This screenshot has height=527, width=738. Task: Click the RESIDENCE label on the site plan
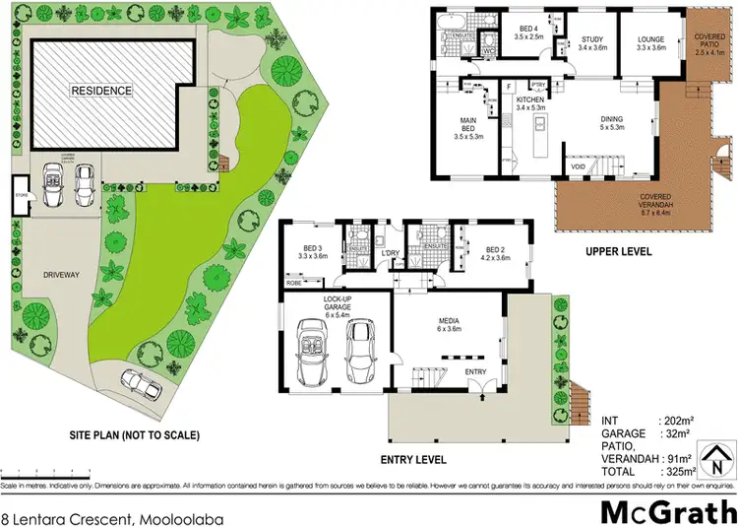100,91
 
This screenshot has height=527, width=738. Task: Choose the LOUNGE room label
653,39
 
